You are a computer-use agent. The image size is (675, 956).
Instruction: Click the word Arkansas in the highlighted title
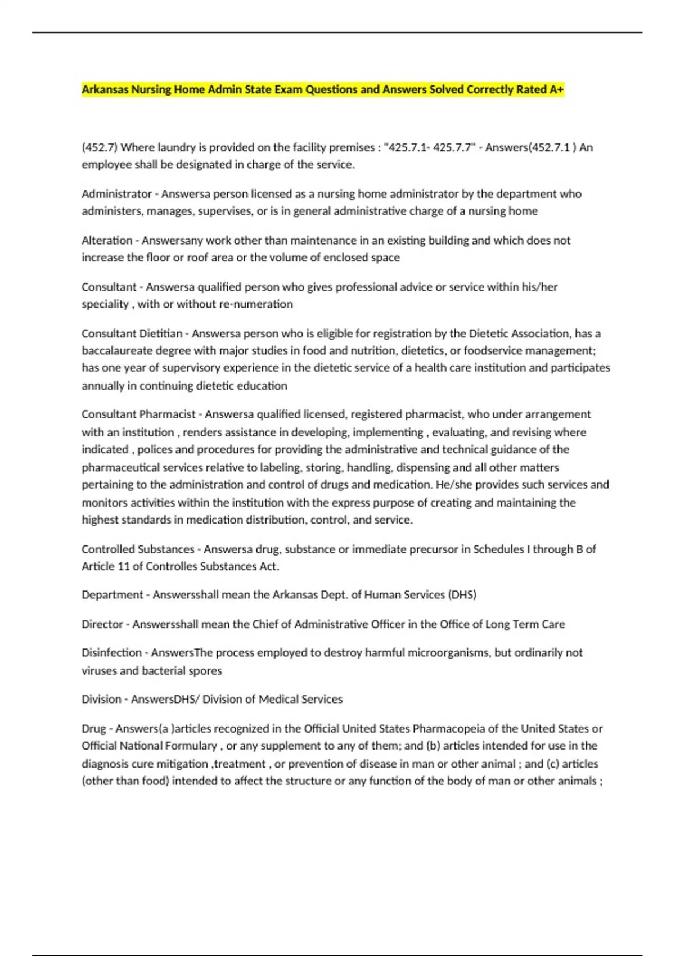(105, 89)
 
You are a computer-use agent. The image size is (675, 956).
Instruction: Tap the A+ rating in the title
(556, 89)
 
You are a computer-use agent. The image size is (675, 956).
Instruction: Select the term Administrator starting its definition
(116, 194)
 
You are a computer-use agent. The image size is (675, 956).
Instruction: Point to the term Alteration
(106, 241)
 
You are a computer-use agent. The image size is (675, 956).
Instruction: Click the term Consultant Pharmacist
(138, 414)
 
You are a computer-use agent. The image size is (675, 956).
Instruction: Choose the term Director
(102, 624)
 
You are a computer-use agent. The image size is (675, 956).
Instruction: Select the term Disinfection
(111, 653)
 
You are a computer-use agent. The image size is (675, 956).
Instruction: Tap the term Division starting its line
(101, 699)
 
